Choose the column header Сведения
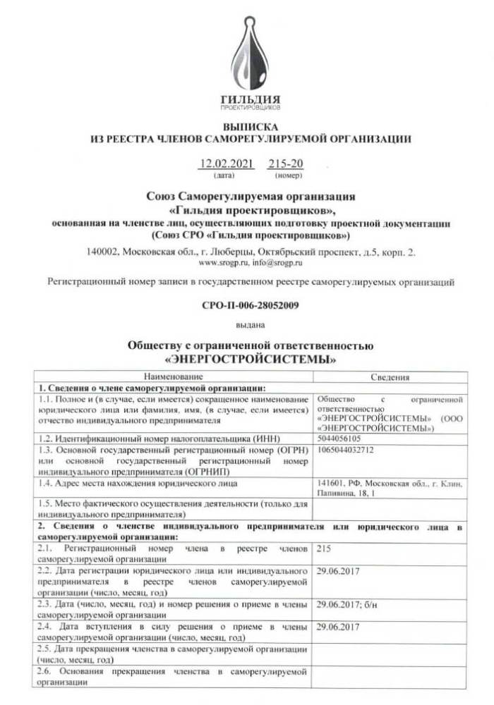(389, 377)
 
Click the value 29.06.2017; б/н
(347, 604)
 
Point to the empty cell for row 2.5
(389, 653)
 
